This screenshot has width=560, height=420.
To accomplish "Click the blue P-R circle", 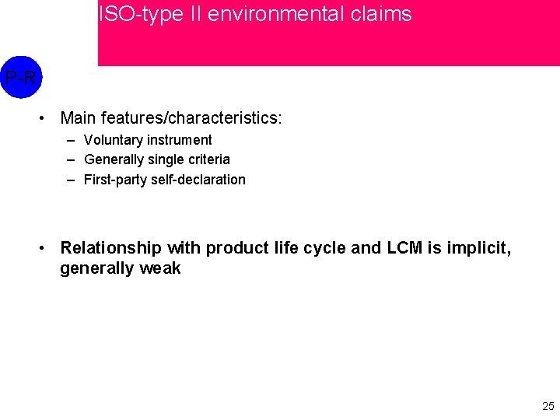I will point(20,77).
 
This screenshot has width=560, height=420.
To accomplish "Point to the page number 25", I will point(548,406).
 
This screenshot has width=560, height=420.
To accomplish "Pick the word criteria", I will point(208,159).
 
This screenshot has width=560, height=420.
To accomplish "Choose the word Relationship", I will point(110,248).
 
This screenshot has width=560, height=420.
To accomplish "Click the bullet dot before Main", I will point(45,118).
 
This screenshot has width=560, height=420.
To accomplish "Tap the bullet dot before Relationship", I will point(45,248).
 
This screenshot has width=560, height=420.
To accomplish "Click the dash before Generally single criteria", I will point(71,159).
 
